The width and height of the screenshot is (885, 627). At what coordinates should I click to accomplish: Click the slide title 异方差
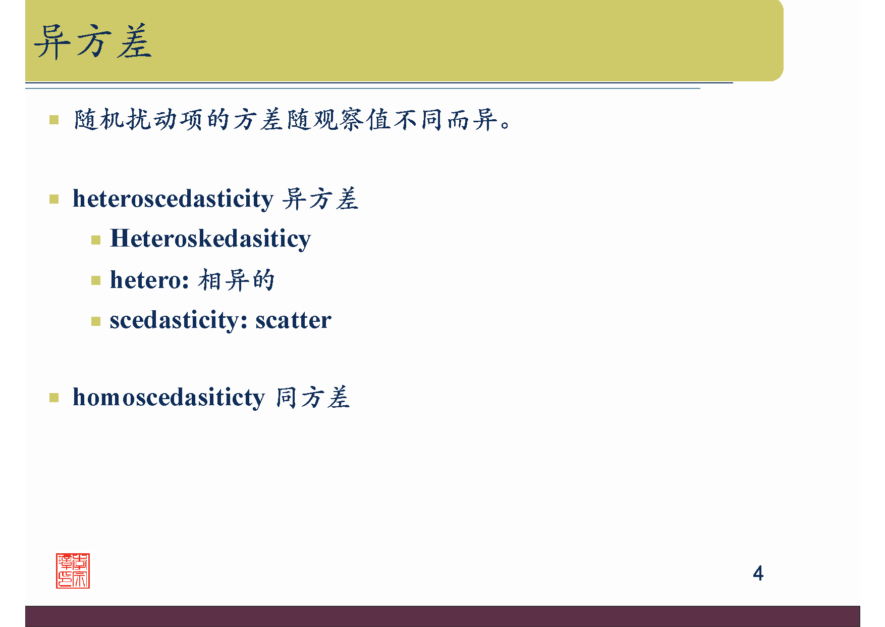[93, 42]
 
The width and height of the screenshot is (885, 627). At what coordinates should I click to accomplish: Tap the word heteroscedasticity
[173, 199]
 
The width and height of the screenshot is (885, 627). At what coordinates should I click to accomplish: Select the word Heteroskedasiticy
[210, 238]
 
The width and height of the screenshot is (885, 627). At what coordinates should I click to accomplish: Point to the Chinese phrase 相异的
[236, 280]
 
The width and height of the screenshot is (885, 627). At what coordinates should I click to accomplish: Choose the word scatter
[293, 320]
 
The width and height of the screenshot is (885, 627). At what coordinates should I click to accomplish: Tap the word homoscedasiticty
[169, 398]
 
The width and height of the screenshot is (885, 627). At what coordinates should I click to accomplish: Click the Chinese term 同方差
[313, 398]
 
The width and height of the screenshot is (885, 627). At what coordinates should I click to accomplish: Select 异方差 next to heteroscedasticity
[320, 199]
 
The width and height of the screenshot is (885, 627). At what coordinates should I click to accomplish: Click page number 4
[758, 573]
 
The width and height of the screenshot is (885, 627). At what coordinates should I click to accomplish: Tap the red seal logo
[73, 571]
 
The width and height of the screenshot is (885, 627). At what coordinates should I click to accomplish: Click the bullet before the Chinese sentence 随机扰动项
[54, 120]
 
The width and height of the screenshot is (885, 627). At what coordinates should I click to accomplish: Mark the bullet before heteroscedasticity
[54, 199]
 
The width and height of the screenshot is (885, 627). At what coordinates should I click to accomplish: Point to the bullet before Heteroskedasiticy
[96, 239]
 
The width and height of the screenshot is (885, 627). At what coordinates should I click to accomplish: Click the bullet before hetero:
[96, 280]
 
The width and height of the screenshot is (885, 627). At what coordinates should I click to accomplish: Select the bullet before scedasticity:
[96, 321]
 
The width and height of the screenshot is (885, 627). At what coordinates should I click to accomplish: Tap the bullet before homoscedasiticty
[54, 398]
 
